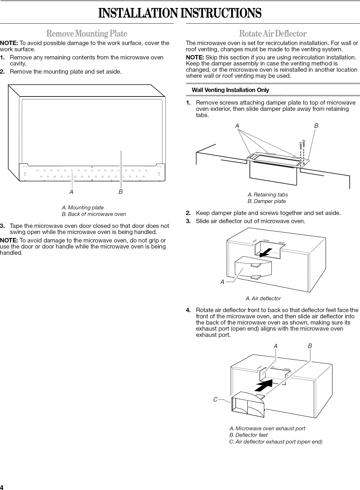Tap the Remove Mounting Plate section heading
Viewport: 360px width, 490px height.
tap(87, 33)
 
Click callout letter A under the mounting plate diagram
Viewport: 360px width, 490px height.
tap(71, 192)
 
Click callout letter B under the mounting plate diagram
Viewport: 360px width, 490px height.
tap(121, 192)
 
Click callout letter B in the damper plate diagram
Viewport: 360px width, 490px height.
tap(316, 126)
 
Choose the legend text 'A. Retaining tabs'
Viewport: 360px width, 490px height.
tap(268, 195)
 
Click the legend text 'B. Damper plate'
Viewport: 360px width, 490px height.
tap(267, 201)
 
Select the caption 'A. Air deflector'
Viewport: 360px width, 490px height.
tap(263, 298)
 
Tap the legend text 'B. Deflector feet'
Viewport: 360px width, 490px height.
tap(248, 435)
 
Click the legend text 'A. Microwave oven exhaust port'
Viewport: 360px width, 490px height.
tap(267, 428)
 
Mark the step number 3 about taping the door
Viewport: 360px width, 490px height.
tap(2, 226)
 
